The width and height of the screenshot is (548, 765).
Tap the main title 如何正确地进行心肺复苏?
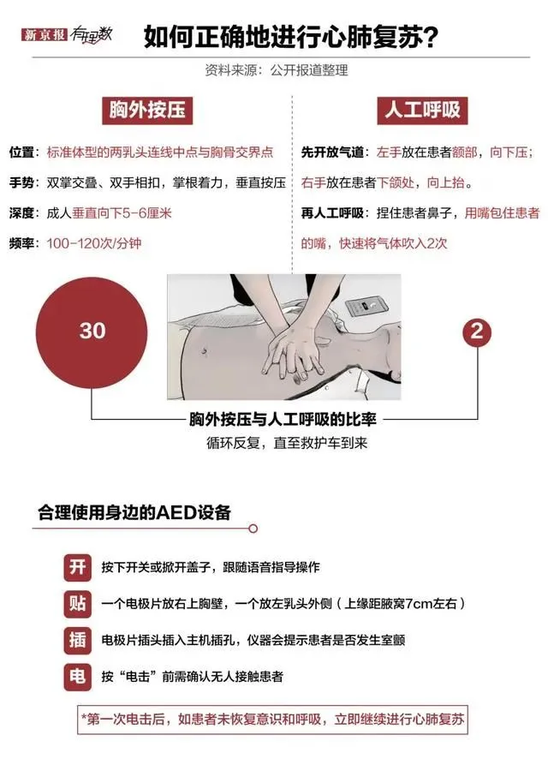[x=292, y=37]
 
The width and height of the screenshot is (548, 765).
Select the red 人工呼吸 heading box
[x=420, y=110]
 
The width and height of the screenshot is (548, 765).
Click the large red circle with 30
[x=92, y=331]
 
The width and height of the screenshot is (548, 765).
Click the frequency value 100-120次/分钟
[x=94, y=244]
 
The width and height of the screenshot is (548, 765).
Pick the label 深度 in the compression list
[x=21, y=213]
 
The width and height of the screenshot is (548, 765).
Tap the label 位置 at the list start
[x=21, y=152]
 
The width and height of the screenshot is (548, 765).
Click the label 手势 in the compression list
[x=21, y=182]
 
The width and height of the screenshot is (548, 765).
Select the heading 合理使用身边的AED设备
[x=134, y=513]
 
